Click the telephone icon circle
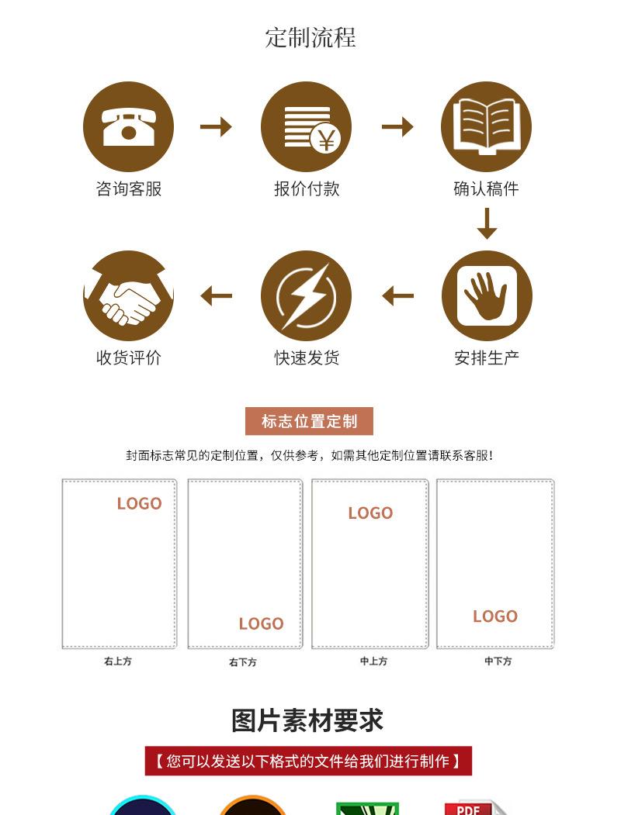click(x=128, y=126)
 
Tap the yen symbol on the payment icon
click(x=326, y=140)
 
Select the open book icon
click(x=486, y=126)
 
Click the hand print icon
click(x=486, y=295)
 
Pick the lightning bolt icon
click(x=306, y=295)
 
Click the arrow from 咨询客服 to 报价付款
click(x=216, y=126)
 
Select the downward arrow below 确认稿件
click(x=487, y=223)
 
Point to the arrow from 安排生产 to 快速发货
click(x=398, y=295)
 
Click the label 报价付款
click(x=307, y=188)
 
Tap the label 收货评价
click(x=128, y=357)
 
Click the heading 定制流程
click(x=310, y=37)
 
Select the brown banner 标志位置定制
click(x=309, y=421)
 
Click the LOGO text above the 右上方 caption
click(x=139, y=503)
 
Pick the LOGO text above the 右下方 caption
click(x=261, y=623)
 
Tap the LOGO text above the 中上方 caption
click(x=370, y=513)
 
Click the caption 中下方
click(x=498, y=661)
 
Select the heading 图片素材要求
click(x=307, y=720)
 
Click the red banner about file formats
click(x=308, y=761)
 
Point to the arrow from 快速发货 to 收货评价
click(x=217, y=295)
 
